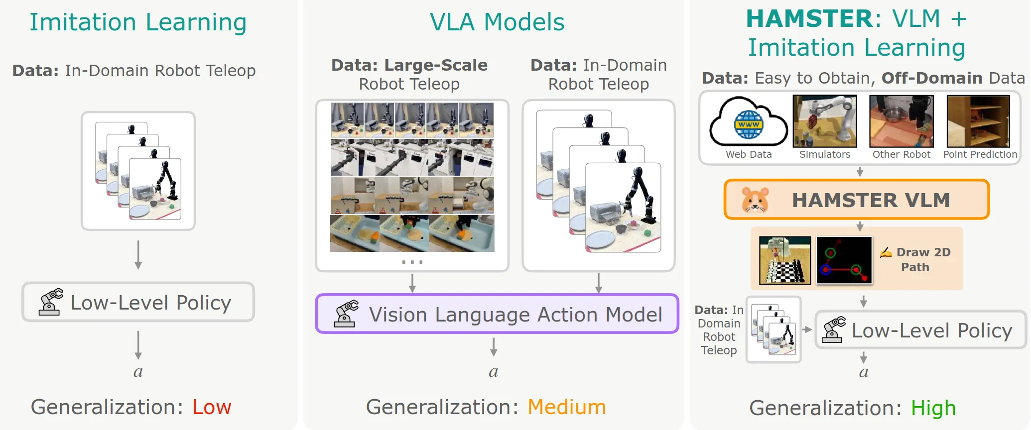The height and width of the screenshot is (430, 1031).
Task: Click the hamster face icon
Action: (x=755, y=200)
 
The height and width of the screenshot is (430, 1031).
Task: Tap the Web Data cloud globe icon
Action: (x=748, y=123)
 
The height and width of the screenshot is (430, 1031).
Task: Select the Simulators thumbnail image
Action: (x=825, y=121)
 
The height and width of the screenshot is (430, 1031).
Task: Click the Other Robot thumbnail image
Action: (x=901, y=121)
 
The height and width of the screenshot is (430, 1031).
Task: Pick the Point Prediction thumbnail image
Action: (x=978, y=121)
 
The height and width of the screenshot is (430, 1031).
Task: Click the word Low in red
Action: (x=212, y=407)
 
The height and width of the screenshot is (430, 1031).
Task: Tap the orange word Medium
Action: (x=566, y=407)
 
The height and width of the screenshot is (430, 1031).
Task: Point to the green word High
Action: (x=933, y=408)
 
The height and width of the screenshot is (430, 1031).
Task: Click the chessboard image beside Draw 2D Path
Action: (x=785, y=260)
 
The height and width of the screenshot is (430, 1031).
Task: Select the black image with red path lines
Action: (x=844, y=260)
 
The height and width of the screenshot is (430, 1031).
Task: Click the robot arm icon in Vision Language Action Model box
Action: (x=346, y=314)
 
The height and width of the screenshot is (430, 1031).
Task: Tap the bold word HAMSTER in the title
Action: (x=808, y=19)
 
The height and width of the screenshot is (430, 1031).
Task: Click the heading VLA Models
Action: (x=497, y=22)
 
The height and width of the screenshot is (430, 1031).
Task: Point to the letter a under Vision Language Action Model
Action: (x=493, y=371)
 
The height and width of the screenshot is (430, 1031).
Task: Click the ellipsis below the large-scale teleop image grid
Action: (x=412, y=262)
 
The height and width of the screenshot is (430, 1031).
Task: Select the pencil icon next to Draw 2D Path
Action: (x=886, y=253)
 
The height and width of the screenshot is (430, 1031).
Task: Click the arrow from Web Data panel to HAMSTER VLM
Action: (x=860, y=172)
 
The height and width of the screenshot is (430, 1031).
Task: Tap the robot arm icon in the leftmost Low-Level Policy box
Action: (x=51, y=302)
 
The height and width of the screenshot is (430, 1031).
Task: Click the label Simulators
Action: (x=825, y=154)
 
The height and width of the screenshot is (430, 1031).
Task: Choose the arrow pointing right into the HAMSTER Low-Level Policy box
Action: (x=807, y=329)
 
